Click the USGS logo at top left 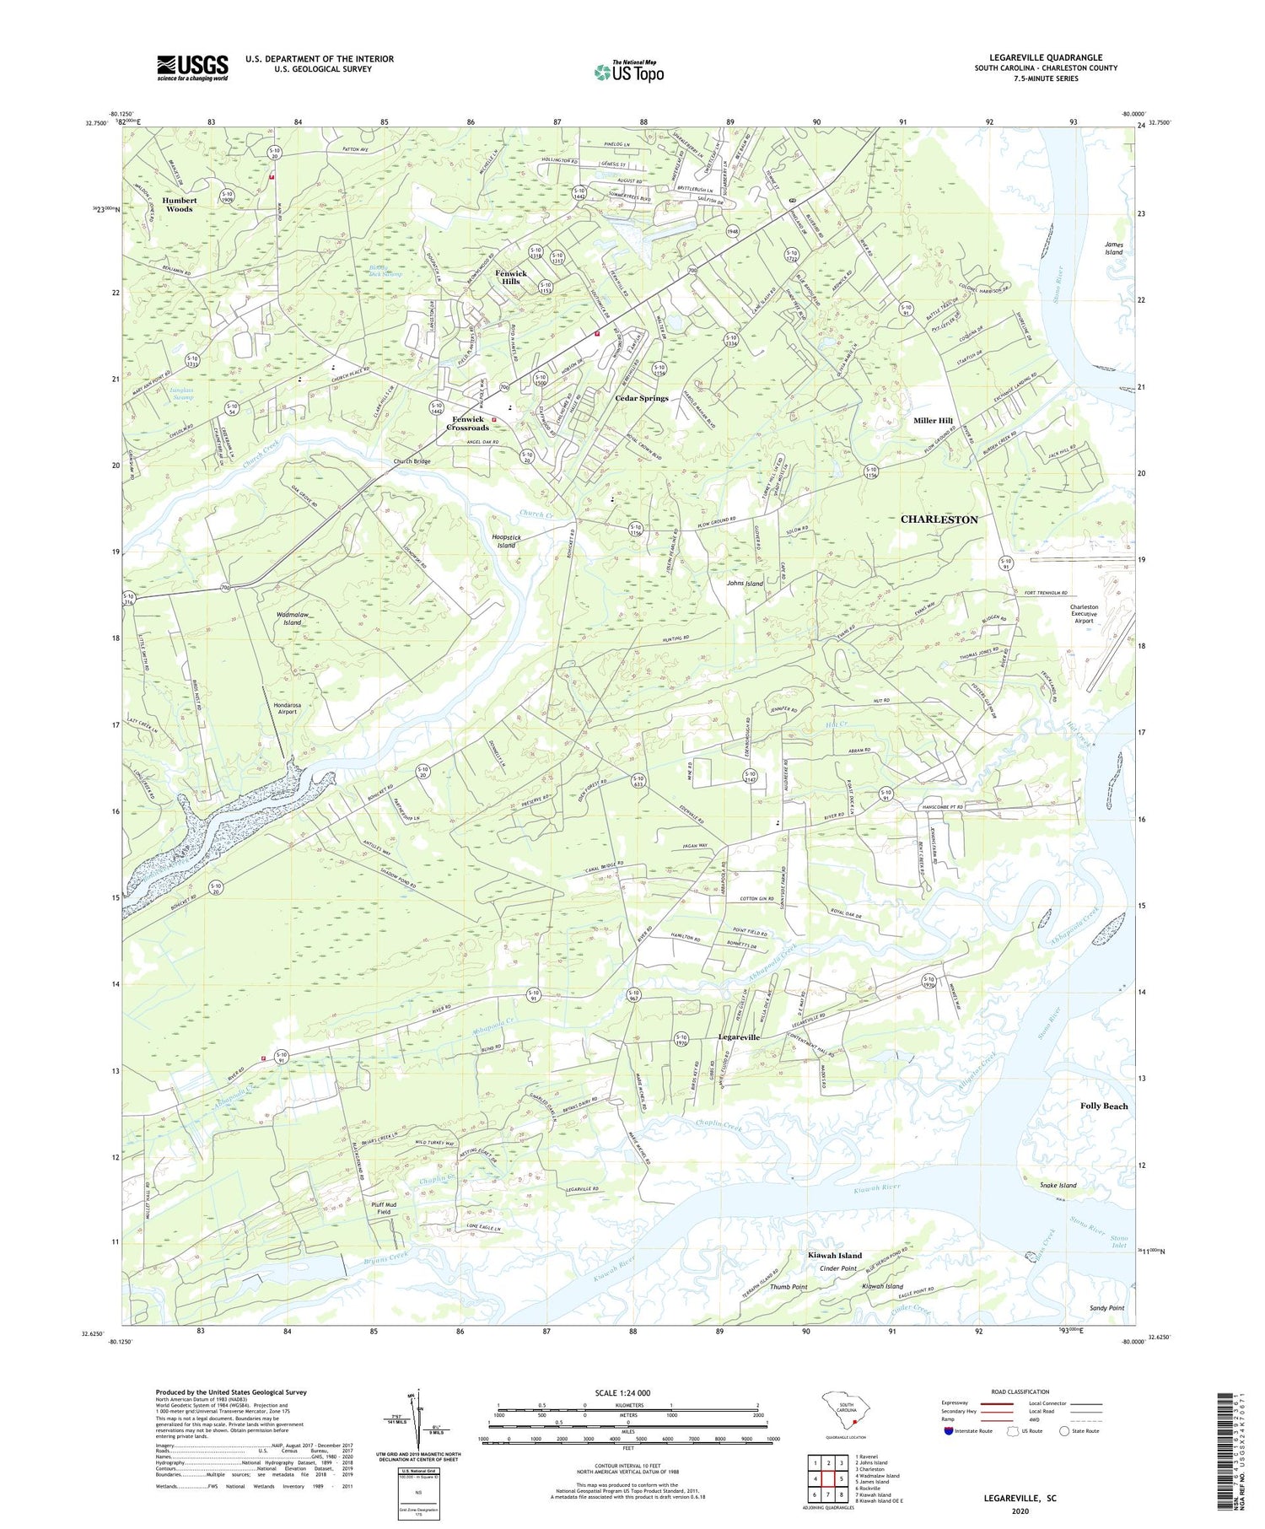coord(192,67)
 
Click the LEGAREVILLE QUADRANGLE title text coord(1046,57)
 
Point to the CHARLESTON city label coord(939,520)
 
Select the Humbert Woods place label coord(179,205)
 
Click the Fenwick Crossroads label coord(469,423)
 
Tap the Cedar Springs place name coord(641,398)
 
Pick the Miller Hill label coord(933,420)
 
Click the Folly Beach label coord(1104,1106)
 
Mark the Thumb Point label coord(789,1287)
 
